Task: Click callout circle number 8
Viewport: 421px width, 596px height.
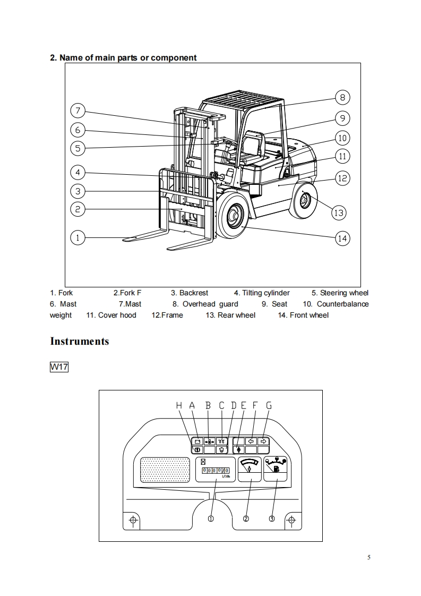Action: point(342,98)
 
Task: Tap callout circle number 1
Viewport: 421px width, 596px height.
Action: point(78,238)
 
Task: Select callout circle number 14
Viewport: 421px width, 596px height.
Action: point(342,239)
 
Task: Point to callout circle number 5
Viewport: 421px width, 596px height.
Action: point(78,148)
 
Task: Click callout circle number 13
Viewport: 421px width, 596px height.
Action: point(339,212)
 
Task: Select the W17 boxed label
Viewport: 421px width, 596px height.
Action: point(59,367)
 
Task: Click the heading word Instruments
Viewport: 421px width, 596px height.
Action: point(80,341)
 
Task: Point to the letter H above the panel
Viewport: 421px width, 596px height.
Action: point(179,406)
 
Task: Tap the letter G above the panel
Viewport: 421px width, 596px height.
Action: point(269,406)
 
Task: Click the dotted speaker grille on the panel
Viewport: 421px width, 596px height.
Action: point(165,470)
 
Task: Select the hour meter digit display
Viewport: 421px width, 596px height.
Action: point(216,471)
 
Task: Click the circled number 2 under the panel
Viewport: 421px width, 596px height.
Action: point(246,519)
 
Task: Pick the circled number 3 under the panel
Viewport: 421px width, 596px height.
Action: point(272,518)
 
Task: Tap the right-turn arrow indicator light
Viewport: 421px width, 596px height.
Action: point(263,441)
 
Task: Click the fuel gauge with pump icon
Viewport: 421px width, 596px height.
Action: point(276,469)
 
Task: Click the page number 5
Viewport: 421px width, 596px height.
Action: point(368,558)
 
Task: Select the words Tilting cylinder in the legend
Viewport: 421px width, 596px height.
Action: point(266,293)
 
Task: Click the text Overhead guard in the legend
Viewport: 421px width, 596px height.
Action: point(210,304)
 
